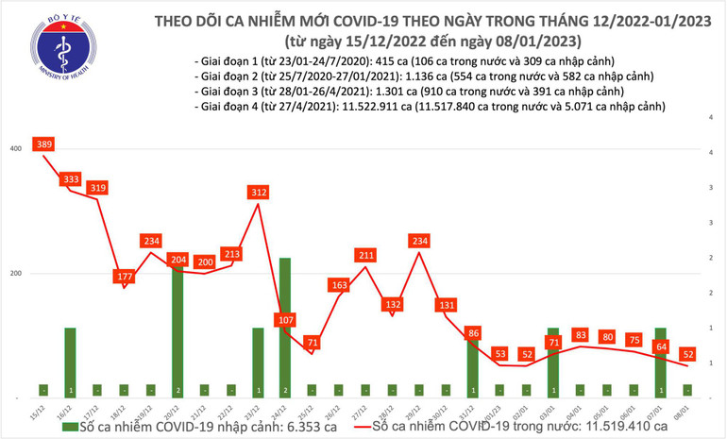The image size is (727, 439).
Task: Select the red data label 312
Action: (x=258, y=193)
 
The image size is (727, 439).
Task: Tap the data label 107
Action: (x=284, y=320)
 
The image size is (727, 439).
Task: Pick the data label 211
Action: (x=365, y=254)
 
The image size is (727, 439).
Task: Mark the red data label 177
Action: (x=124, y=277)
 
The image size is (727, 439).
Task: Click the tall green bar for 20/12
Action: (x=178, y=330)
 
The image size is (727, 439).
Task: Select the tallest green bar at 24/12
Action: (x=284, y=326)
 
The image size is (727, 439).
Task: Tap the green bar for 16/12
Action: (x=70, y=362)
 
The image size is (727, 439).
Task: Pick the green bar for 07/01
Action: (x=660, y=362)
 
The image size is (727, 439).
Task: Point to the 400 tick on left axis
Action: (x=16, y=149)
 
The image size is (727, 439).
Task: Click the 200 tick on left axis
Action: (x=16, y=274)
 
